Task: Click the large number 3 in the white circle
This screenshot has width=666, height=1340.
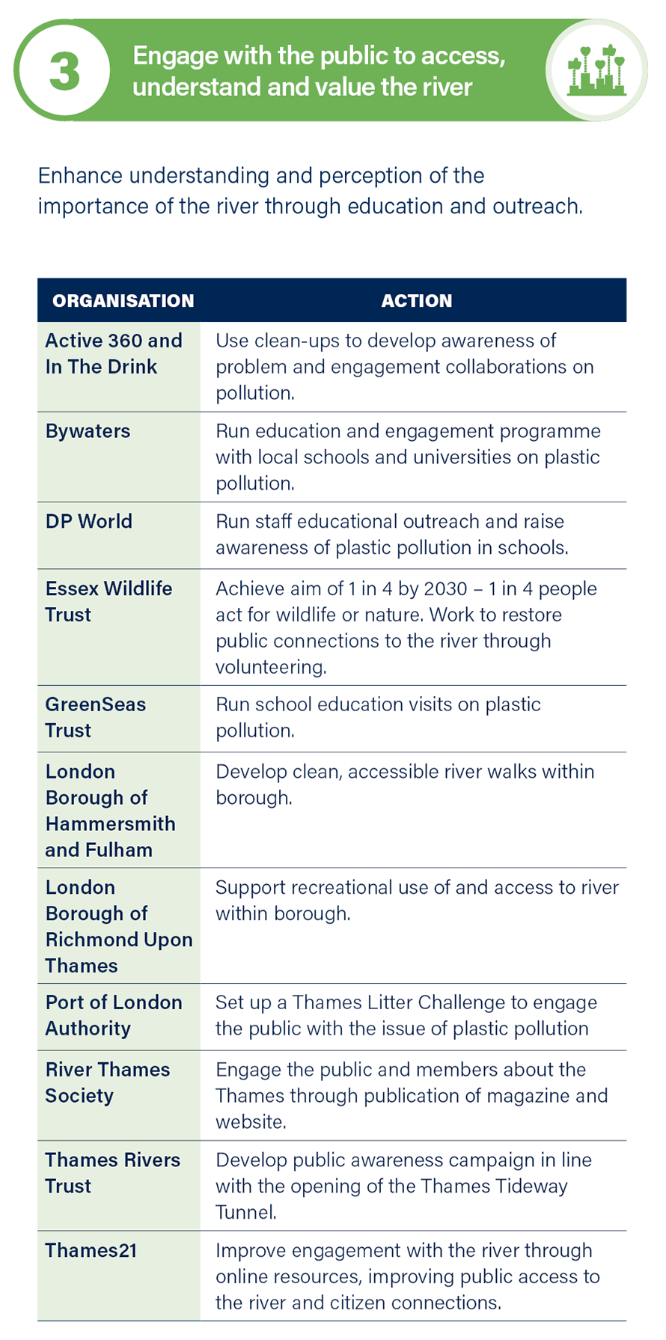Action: click(64, 72)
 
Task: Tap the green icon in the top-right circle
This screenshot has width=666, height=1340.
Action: click(596, 70)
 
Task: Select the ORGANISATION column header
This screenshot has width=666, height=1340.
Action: click(123, 301)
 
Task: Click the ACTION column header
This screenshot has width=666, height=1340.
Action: click(417, 301)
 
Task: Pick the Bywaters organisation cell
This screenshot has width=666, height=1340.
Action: click(88, 431)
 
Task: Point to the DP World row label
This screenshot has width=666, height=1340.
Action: click(88, 521)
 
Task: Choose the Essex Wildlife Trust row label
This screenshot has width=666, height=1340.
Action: click(108, 601)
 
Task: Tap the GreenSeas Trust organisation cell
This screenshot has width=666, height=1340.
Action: click(95, 717)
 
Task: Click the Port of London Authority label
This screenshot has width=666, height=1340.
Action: click(113, 1015)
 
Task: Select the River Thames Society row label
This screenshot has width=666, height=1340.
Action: click(107, 1082)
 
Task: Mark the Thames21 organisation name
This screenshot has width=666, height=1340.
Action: click(91, 1250)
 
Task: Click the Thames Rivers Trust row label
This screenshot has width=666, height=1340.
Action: click(112, 1172)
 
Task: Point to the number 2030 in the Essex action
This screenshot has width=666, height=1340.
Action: click(445, 588)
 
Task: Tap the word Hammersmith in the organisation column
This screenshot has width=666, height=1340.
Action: click(110, 823)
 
